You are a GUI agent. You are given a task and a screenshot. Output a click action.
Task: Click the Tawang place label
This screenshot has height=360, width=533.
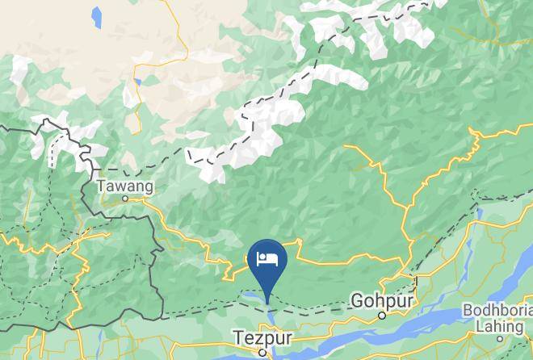click(x=124, y=186)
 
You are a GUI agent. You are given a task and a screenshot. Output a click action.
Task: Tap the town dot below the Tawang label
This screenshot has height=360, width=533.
click(x=124, y=198)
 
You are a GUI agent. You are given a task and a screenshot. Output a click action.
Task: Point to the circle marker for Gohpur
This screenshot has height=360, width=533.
click(x=383, y=316)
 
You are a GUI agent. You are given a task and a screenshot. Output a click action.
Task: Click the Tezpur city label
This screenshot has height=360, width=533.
click(x=261, y=337)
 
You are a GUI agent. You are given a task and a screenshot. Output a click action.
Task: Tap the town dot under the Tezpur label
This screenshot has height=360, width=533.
click(x=262, y=352)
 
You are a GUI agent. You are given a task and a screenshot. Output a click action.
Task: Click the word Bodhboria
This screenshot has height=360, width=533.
click(x=496, y=311)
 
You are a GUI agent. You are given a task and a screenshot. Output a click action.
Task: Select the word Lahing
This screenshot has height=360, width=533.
click(x=497, y=326)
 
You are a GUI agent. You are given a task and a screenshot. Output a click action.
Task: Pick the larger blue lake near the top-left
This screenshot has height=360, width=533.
click(x=97, y=15)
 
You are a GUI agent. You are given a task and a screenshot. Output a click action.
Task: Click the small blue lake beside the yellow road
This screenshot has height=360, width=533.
click(x=138, y=82)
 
